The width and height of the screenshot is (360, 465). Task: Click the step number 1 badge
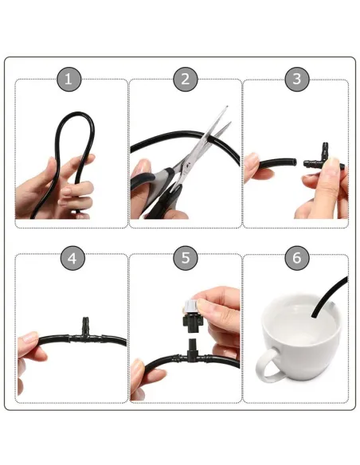(x=70, y=78)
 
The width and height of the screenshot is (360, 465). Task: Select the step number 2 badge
(x=185, y=78)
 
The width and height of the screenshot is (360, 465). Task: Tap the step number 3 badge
(x=297, y=78)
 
